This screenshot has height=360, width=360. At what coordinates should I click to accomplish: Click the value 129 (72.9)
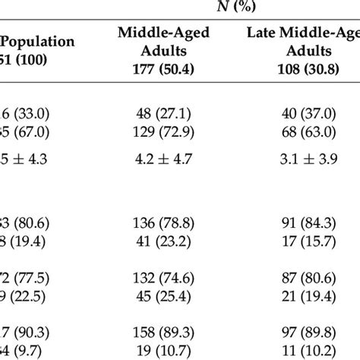pyautogui.click(x=163, y=131)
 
